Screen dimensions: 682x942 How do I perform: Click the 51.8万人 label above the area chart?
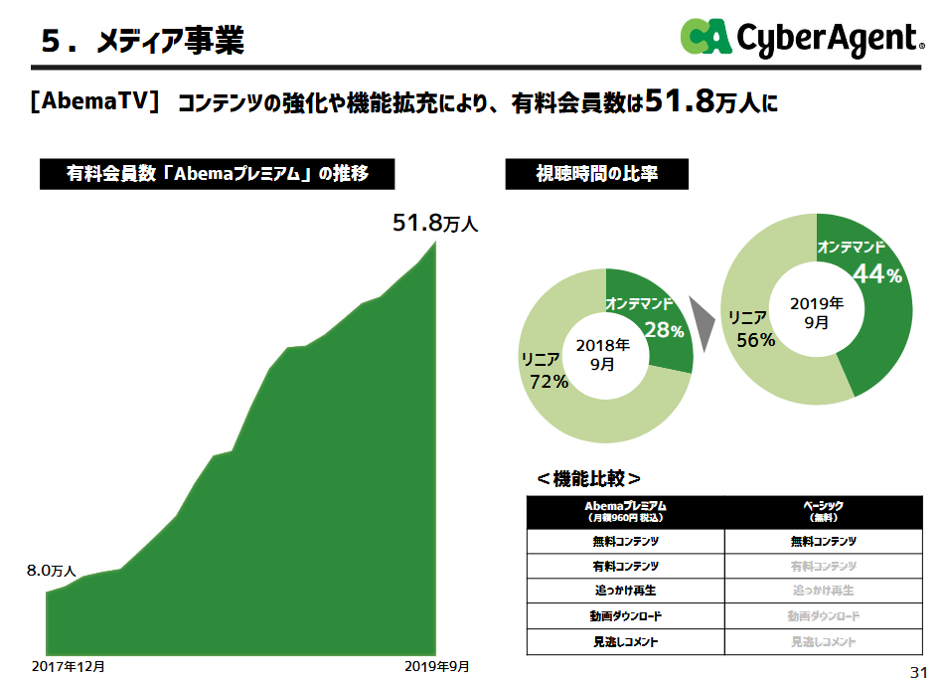(434, 224)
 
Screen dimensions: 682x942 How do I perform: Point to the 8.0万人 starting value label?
(51, 571)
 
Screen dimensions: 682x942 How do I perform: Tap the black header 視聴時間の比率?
(596, 174)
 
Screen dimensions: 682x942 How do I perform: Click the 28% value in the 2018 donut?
(664, 330)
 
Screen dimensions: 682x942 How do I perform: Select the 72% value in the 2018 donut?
(549, 381)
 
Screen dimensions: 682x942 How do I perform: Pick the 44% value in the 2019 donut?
(877, 275)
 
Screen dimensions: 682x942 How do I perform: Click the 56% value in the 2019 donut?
(755, 340)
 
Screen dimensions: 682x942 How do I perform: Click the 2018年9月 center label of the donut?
(603, 354)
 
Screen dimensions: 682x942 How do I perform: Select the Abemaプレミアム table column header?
(625, 511)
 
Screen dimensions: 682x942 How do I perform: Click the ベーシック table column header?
(823, 511)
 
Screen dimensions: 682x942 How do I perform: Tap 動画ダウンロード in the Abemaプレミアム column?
(625, 616)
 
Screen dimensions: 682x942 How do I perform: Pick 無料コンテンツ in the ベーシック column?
(823, 542)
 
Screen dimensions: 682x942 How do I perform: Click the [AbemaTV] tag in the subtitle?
(95, 101)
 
